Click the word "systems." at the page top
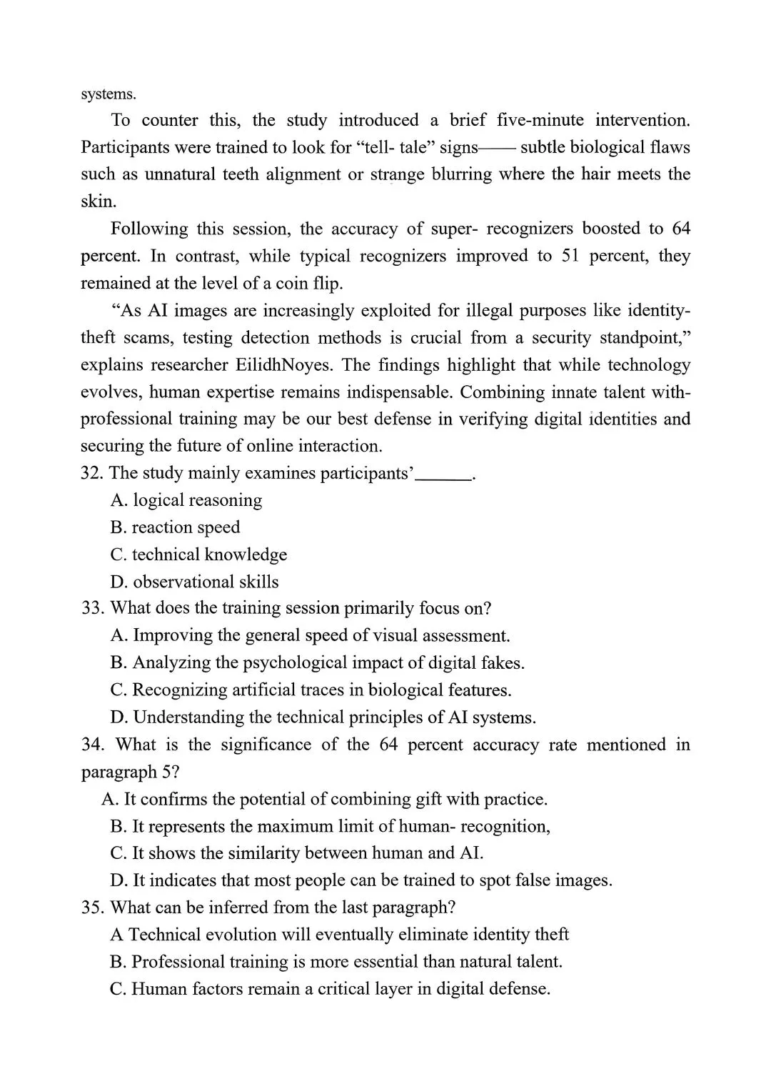(x=108, y=94)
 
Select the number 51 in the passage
(x=570, y=256)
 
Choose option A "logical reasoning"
(x=186, y=500)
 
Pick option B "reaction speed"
(x=176, y=527)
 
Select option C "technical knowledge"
(x=198, y=555)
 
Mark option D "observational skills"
(x=194, y=582)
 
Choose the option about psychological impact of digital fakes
(x=318, y=663)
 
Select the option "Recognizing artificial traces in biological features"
(x=311, y=690)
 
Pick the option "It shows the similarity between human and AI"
(x=297, y=853)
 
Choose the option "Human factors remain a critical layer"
(x=331, y=989)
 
